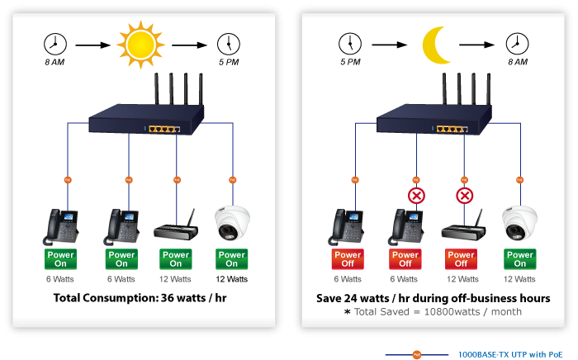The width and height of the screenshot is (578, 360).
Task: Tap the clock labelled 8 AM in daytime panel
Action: (x=55, y=43)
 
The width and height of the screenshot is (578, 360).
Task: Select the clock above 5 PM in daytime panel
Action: (x=228, y=43)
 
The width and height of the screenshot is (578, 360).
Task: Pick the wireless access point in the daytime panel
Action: (x=177, y=226)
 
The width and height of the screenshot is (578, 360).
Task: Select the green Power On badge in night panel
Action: (x=519, y=259)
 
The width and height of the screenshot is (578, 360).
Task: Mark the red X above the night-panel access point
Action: (x=465, y=196)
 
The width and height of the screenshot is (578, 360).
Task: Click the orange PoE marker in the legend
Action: (x=417, y=353)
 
